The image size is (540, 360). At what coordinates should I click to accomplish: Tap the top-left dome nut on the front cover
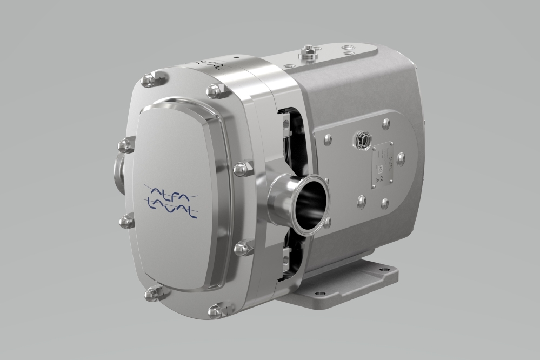[147, 81]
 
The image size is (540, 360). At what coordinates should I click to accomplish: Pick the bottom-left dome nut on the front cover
[151, 294]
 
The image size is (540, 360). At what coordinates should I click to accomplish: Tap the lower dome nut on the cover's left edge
[126, 220]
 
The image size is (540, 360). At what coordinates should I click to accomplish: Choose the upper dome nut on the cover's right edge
[241, 169]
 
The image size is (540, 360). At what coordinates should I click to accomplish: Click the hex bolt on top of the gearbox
[308, 51]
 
